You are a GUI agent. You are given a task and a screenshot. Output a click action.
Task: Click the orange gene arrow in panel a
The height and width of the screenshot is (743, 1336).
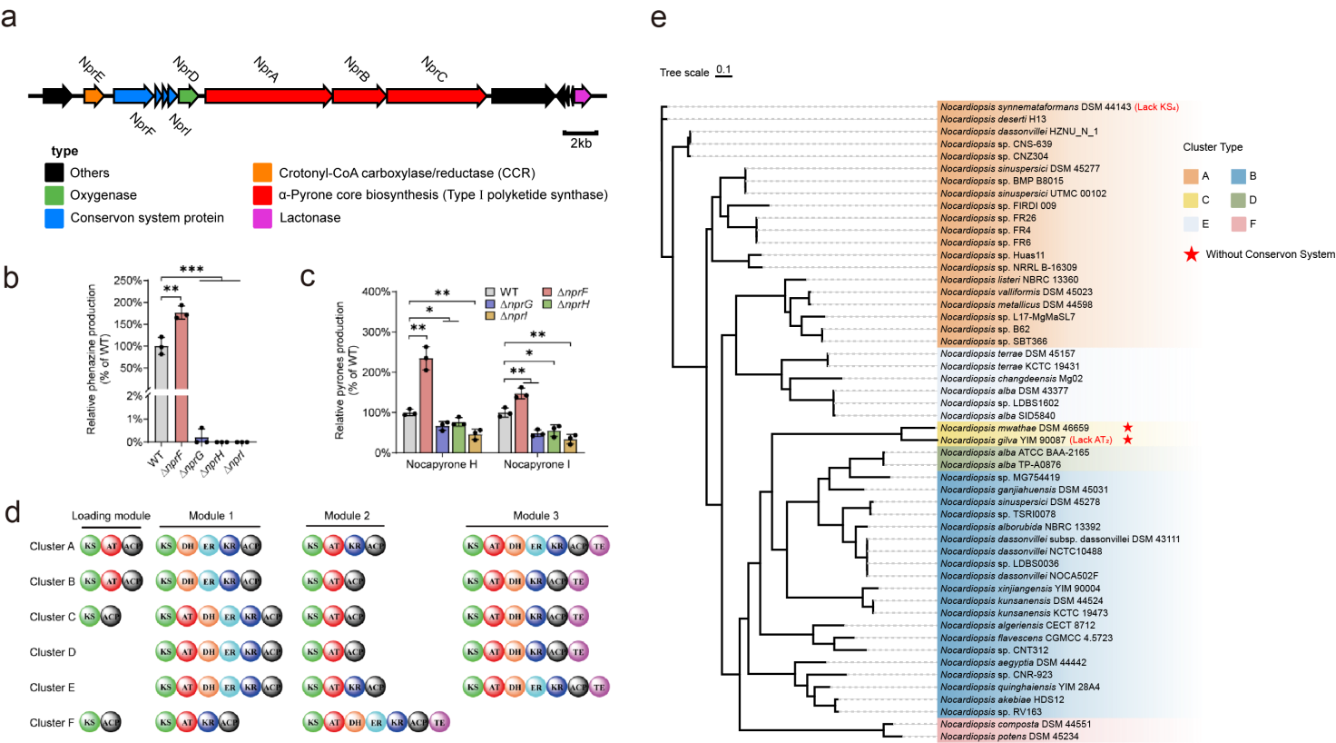[93, 96]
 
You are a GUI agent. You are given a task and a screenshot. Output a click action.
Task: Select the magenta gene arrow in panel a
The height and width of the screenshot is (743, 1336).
[583, 96]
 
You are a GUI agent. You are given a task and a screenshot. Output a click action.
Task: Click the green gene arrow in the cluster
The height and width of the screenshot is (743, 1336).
[188, 96]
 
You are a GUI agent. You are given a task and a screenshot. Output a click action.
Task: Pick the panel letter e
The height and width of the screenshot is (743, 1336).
[659, 18]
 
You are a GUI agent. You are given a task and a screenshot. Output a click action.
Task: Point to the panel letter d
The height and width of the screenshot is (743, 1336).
[12, 513]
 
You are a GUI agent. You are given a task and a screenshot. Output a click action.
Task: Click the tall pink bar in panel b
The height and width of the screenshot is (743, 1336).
[182, 378]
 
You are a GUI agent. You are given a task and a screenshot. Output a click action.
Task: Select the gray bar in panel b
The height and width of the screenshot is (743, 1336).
[162, 394]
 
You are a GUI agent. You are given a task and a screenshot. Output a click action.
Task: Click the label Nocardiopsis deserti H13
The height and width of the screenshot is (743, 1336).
[993, 119]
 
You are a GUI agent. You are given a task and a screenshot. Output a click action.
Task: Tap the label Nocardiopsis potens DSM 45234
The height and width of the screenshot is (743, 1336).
[1009, 737]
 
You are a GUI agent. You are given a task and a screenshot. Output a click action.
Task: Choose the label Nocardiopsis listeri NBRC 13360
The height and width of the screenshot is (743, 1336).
[1009, 280]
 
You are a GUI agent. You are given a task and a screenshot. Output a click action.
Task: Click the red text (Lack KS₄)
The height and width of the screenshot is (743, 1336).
[1156, 107]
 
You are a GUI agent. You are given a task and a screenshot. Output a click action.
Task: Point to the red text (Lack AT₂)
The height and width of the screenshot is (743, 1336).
[1091, 441]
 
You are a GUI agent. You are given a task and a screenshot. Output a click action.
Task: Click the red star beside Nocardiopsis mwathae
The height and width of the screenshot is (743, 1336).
[1127, 428]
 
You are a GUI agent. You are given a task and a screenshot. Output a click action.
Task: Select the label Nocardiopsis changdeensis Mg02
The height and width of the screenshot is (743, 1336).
[1011, 379]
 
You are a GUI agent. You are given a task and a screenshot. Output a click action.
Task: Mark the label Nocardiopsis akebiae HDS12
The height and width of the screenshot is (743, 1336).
[1002, 699]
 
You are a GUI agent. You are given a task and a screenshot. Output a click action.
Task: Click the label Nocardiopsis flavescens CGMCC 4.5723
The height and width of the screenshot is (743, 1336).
[1027, 638]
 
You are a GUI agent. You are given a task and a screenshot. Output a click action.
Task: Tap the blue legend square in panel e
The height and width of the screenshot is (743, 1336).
[1238, 176]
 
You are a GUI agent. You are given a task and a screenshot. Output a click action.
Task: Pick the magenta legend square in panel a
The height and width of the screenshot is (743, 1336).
[262, 218]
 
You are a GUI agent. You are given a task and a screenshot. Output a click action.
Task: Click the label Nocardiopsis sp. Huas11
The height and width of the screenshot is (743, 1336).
[992, 255]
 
